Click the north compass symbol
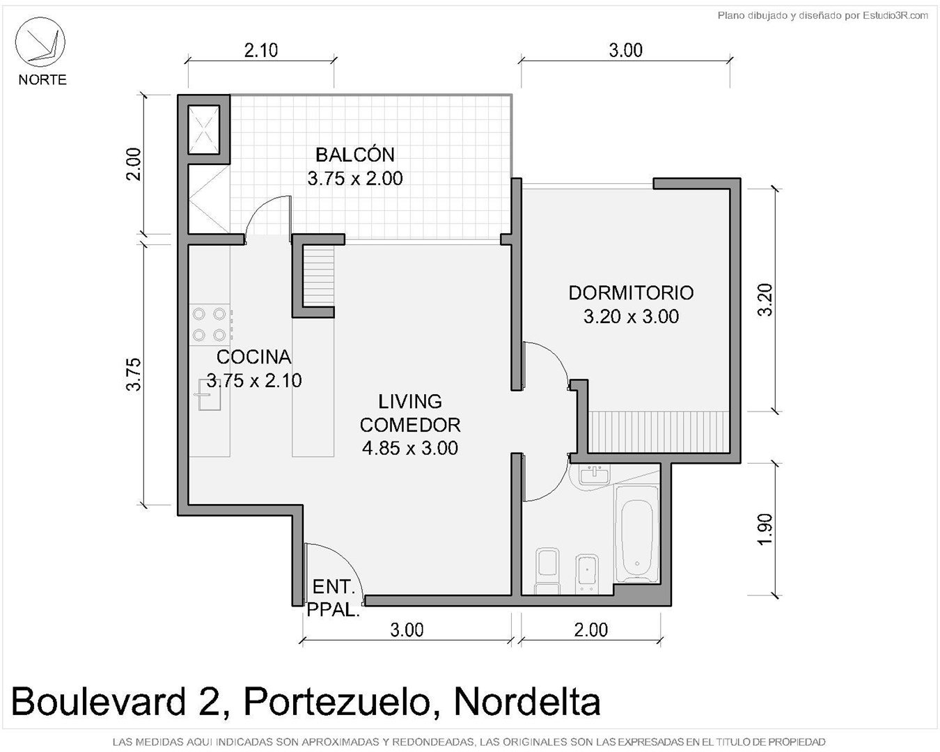pos(40,42)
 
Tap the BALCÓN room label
pos(355,155)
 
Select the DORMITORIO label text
pos(631,292)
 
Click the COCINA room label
pos(253,357)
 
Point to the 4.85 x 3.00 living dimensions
pos(409,448)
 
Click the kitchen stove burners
pos(210,324)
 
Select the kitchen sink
pos(208,395)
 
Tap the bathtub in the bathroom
pos(637,533)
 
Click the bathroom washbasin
pos(594,475)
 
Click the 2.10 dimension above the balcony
pos(261,51)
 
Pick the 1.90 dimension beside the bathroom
pos(765,529)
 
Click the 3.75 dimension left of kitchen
pos(134,374)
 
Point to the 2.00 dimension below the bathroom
pos(590,630)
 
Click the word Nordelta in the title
pos(527,702)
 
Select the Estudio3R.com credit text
pos(895,16)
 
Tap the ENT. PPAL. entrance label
pos(334,598)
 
